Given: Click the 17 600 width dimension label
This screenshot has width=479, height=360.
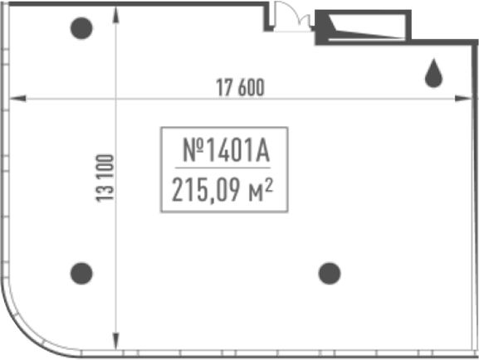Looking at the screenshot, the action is [x=240, y=87].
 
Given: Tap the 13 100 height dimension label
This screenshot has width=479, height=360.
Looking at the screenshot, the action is [x=105, y=178].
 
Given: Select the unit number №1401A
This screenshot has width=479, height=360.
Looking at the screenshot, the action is [x=226, y=149].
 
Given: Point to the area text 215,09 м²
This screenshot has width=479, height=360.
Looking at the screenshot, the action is [x=222, y=190].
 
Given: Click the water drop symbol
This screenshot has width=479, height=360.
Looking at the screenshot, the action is [x=433, y=73].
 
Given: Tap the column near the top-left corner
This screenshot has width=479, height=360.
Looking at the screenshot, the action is [x=81, y=28].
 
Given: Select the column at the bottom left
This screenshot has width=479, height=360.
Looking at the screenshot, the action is [x=81, y=273].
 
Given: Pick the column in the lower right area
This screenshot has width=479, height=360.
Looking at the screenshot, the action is [x=330, y=273].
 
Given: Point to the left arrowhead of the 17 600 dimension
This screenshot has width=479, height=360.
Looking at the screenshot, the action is [x=17, y=99].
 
